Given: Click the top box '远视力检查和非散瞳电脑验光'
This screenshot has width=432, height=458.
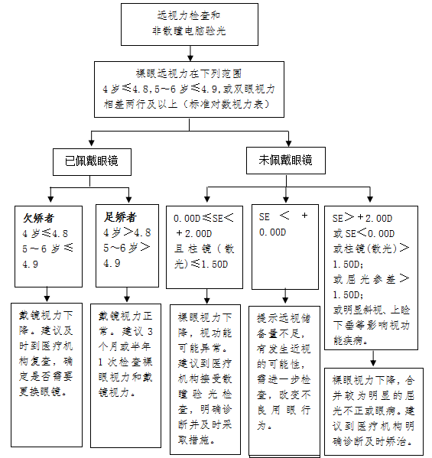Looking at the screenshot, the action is point(190,24).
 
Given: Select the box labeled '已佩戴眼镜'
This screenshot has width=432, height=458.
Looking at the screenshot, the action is point(92,162).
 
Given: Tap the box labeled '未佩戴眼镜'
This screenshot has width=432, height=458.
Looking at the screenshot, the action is point(286,161).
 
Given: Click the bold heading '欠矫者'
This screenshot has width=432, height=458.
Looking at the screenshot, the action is point(39,218).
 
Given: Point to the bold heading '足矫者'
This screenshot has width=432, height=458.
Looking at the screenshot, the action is point(120,217).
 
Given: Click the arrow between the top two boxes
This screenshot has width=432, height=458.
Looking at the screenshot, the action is point(190,54).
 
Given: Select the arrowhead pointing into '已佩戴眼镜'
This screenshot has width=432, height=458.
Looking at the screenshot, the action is point(92,142).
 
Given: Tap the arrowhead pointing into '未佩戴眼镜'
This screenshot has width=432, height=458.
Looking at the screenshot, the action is point(288,143).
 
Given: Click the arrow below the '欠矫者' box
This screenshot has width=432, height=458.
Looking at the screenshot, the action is point(47,294).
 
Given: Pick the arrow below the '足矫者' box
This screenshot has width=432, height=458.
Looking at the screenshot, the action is point(127,294).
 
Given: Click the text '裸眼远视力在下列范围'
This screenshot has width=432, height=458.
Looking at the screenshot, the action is point(189,73).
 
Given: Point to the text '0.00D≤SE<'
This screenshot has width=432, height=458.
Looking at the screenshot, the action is point(203,218).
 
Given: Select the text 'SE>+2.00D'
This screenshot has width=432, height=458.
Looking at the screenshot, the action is point(362,218).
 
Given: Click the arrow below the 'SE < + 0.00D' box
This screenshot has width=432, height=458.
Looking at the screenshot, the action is point(285,296).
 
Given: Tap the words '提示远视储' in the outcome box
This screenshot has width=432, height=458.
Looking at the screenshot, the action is point(284,318).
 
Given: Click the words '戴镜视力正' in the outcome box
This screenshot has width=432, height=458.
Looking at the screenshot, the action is point(125,316).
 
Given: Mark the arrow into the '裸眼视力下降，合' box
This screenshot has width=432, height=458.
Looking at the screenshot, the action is point(373,359).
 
